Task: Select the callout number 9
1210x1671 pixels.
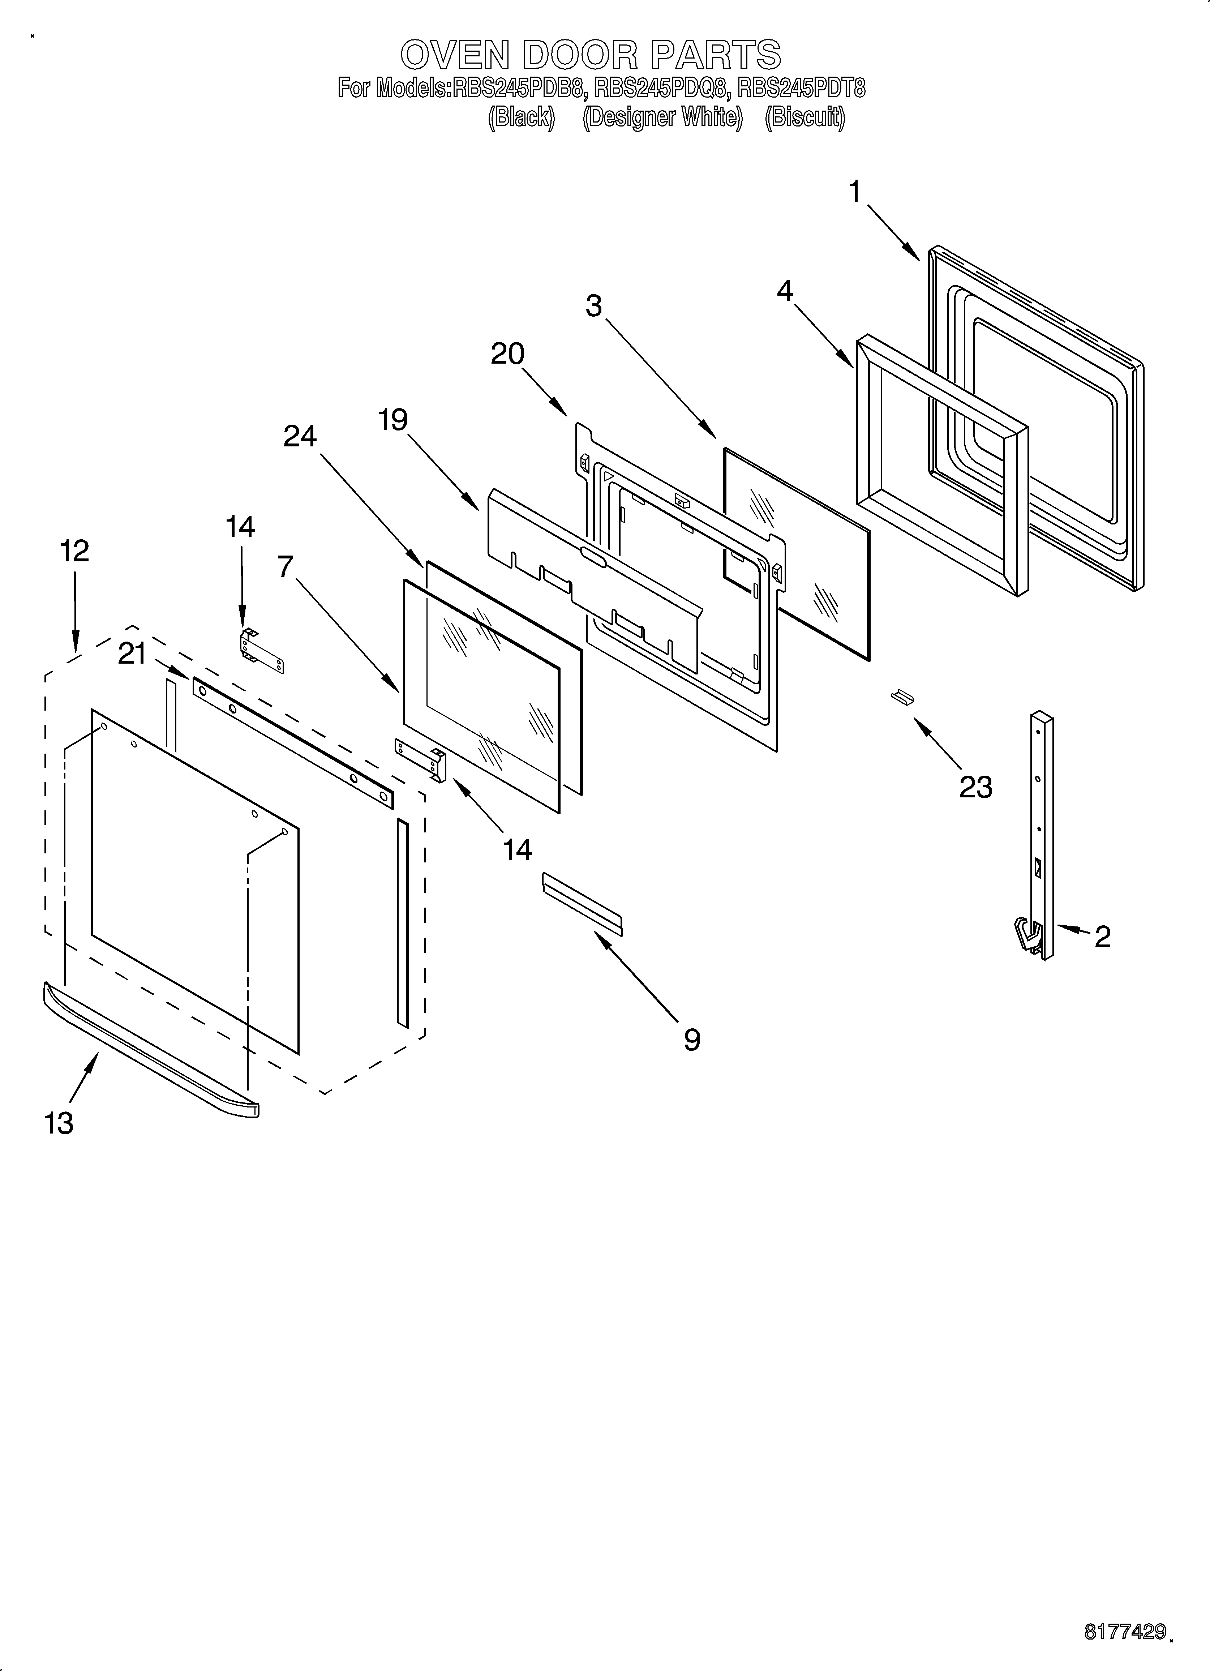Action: point(691,1040)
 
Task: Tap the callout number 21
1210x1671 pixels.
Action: point(133,654)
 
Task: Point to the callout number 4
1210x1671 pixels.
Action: point(785,292)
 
